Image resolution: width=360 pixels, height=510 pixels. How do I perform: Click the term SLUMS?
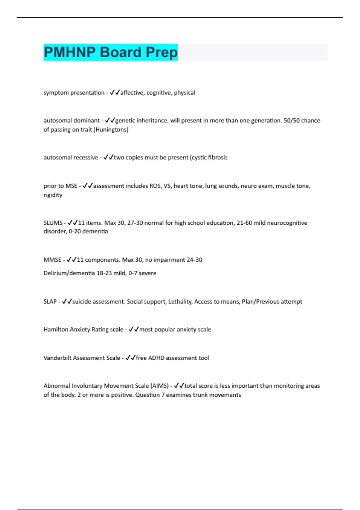pos(53,223)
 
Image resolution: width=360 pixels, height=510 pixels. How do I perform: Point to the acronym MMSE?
pos(52,260)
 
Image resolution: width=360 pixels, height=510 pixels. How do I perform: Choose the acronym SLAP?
pos(50,301)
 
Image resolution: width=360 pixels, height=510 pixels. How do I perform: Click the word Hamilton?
pos(56,329)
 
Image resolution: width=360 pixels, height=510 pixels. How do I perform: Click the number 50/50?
pos(291,121)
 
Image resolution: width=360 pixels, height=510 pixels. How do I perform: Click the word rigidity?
pos(53,195)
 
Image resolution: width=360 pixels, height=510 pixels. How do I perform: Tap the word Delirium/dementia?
pos(69,273)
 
